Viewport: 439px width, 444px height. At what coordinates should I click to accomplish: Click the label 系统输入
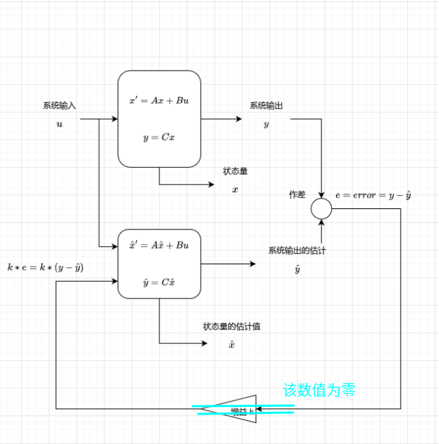pos(59,106)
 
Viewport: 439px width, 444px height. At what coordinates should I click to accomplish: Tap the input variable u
pos(59,124)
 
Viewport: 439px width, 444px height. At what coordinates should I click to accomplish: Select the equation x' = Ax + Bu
pos(159,101)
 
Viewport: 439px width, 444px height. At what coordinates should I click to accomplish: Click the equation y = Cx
pos(159,137)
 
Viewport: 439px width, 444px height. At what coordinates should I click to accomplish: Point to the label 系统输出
pos(266,106)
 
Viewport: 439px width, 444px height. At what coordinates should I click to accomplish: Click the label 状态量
pos(235,171)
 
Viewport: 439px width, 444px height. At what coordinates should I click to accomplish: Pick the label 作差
pos(297,194)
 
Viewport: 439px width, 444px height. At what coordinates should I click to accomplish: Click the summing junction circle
pos(322,208)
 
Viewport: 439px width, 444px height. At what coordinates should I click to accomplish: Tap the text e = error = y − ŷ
pos(373,194)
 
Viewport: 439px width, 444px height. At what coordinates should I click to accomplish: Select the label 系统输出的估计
pos(297,250)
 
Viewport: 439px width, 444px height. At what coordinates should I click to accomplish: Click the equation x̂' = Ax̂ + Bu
pos(159,245)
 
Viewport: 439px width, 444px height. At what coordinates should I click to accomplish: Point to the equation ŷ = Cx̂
pos(159,282)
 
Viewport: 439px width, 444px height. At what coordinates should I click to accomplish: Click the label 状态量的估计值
pos(232,327)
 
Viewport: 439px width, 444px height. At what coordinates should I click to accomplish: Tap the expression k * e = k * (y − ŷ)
pos(45,267)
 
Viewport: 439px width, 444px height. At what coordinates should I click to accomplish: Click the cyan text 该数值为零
pos(319,389)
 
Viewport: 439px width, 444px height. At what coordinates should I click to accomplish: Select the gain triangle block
pos(235,409)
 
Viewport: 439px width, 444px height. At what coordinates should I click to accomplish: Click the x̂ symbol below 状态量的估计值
pos(232,344)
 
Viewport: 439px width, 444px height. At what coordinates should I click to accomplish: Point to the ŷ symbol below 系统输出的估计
pos(297,268)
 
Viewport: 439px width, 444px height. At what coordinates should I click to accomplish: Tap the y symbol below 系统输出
pos(266,124)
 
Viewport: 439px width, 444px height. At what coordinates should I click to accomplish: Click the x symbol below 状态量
pos(235,189)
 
